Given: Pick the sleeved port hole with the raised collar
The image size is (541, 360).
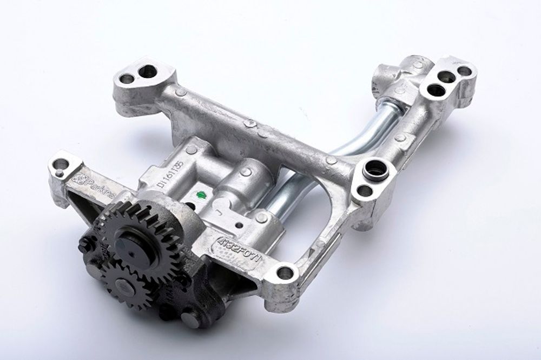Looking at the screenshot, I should [372, 168].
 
